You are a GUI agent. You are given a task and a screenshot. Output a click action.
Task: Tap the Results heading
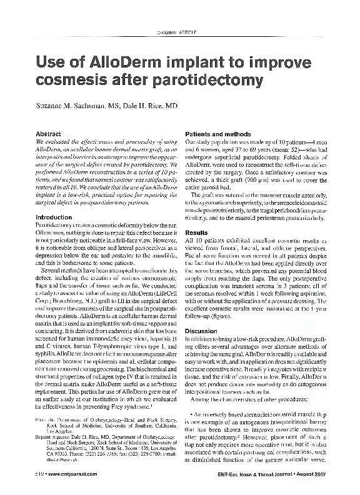197,231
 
